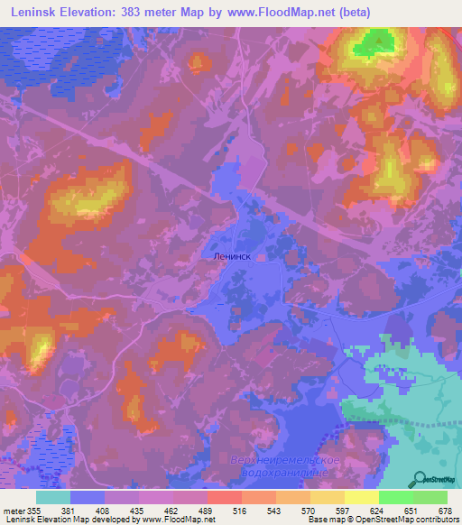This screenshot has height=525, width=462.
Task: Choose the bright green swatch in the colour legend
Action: pyautogui.click(x=396, y=497)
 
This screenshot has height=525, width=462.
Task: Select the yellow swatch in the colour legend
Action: pyautogui.click(x=362, y=497)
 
